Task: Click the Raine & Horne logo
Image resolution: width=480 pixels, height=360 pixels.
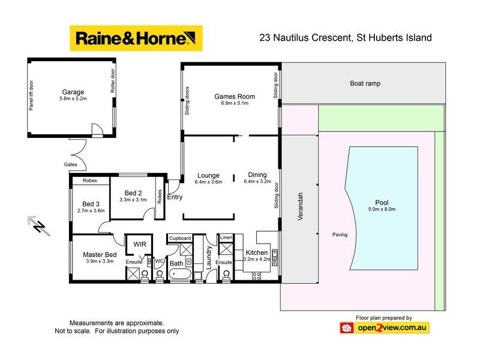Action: point(136,39)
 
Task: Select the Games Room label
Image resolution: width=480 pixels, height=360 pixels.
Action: point(235,97)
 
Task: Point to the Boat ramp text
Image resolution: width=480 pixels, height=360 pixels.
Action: point(365,84)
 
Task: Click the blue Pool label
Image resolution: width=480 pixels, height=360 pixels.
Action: point(382,202)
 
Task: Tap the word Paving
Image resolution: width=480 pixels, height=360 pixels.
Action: point(340,235)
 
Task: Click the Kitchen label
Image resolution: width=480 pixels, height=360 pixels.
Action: point(256,253)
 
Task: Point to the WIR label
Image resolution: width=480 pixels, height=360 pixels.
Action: point(139,244)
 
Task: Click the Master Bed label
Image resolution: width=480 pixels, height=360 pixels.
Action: point(100,254)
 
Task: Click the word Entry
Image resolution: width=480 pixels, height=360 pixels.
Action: point(175,197)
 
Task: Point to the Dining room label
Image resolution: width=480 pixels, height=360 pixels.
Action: point(257,175)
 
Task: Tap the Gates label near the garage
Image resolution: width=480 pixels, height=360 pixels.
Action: point(70,164)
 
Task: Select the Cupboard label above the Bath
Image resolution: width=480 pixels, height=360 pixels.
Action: point(180,238)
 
